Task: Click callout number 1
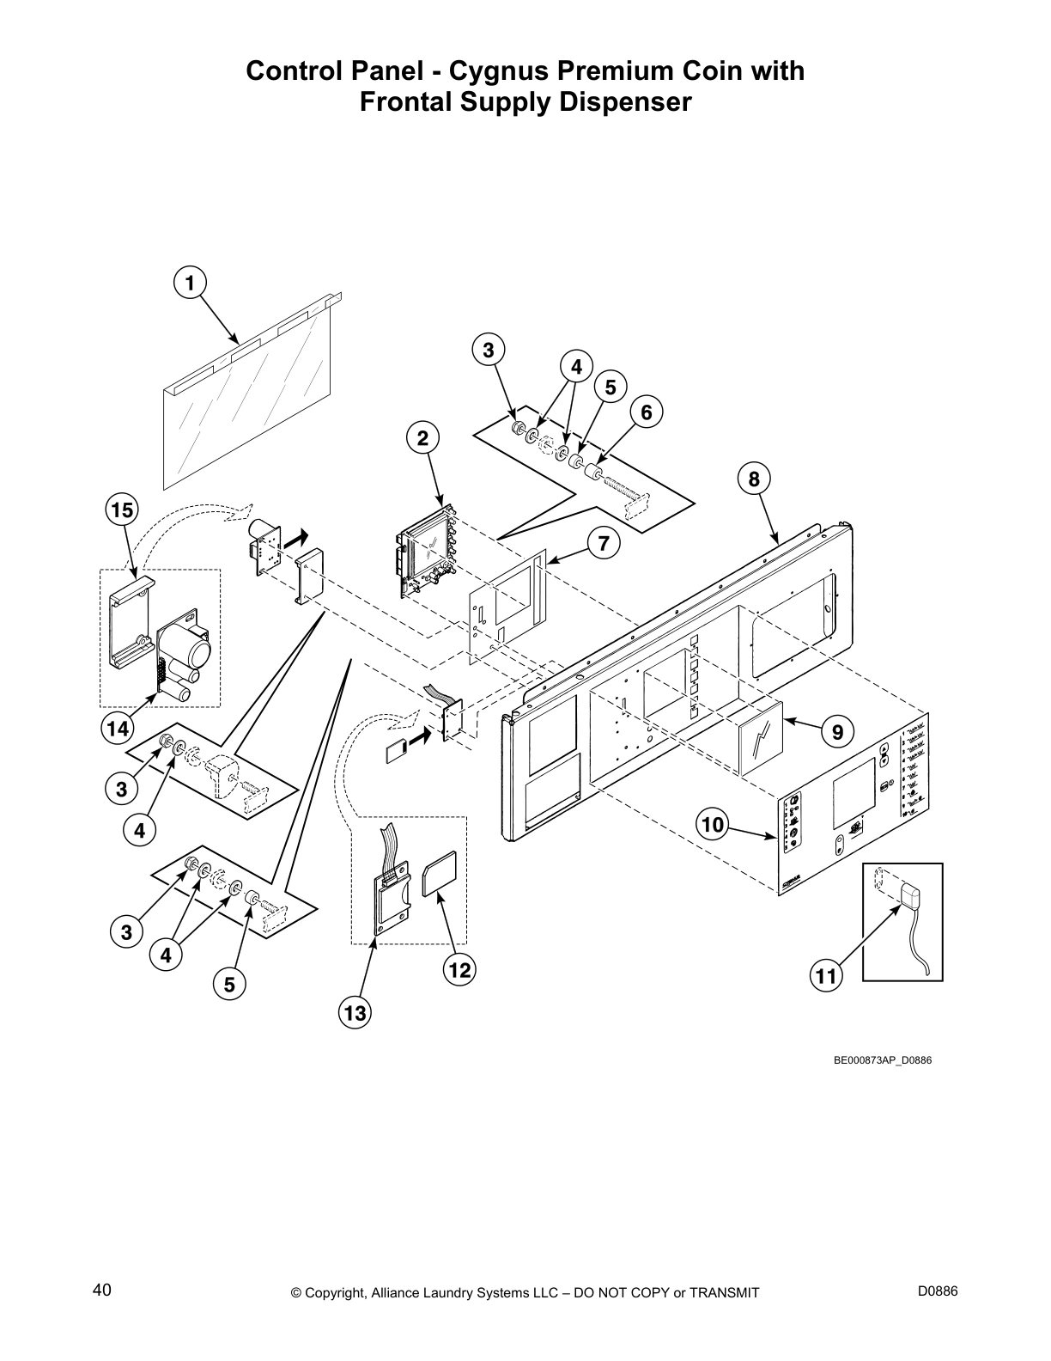[190, 282]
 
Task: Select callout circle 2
[422, 438]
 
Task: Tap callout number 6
[647, 412]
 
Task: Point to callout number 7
[604, 543]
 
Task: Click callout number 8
[754, 479]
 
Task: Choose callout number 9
[837, 731]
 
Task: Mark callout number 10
[713, 826]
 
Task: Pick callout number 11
[825, 976]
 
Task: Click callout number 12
[459, 970]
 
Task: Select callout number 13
[355, 1013]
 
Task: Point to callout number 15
[122, 510]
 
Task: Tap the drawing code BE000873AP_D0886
[883, 1059]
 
